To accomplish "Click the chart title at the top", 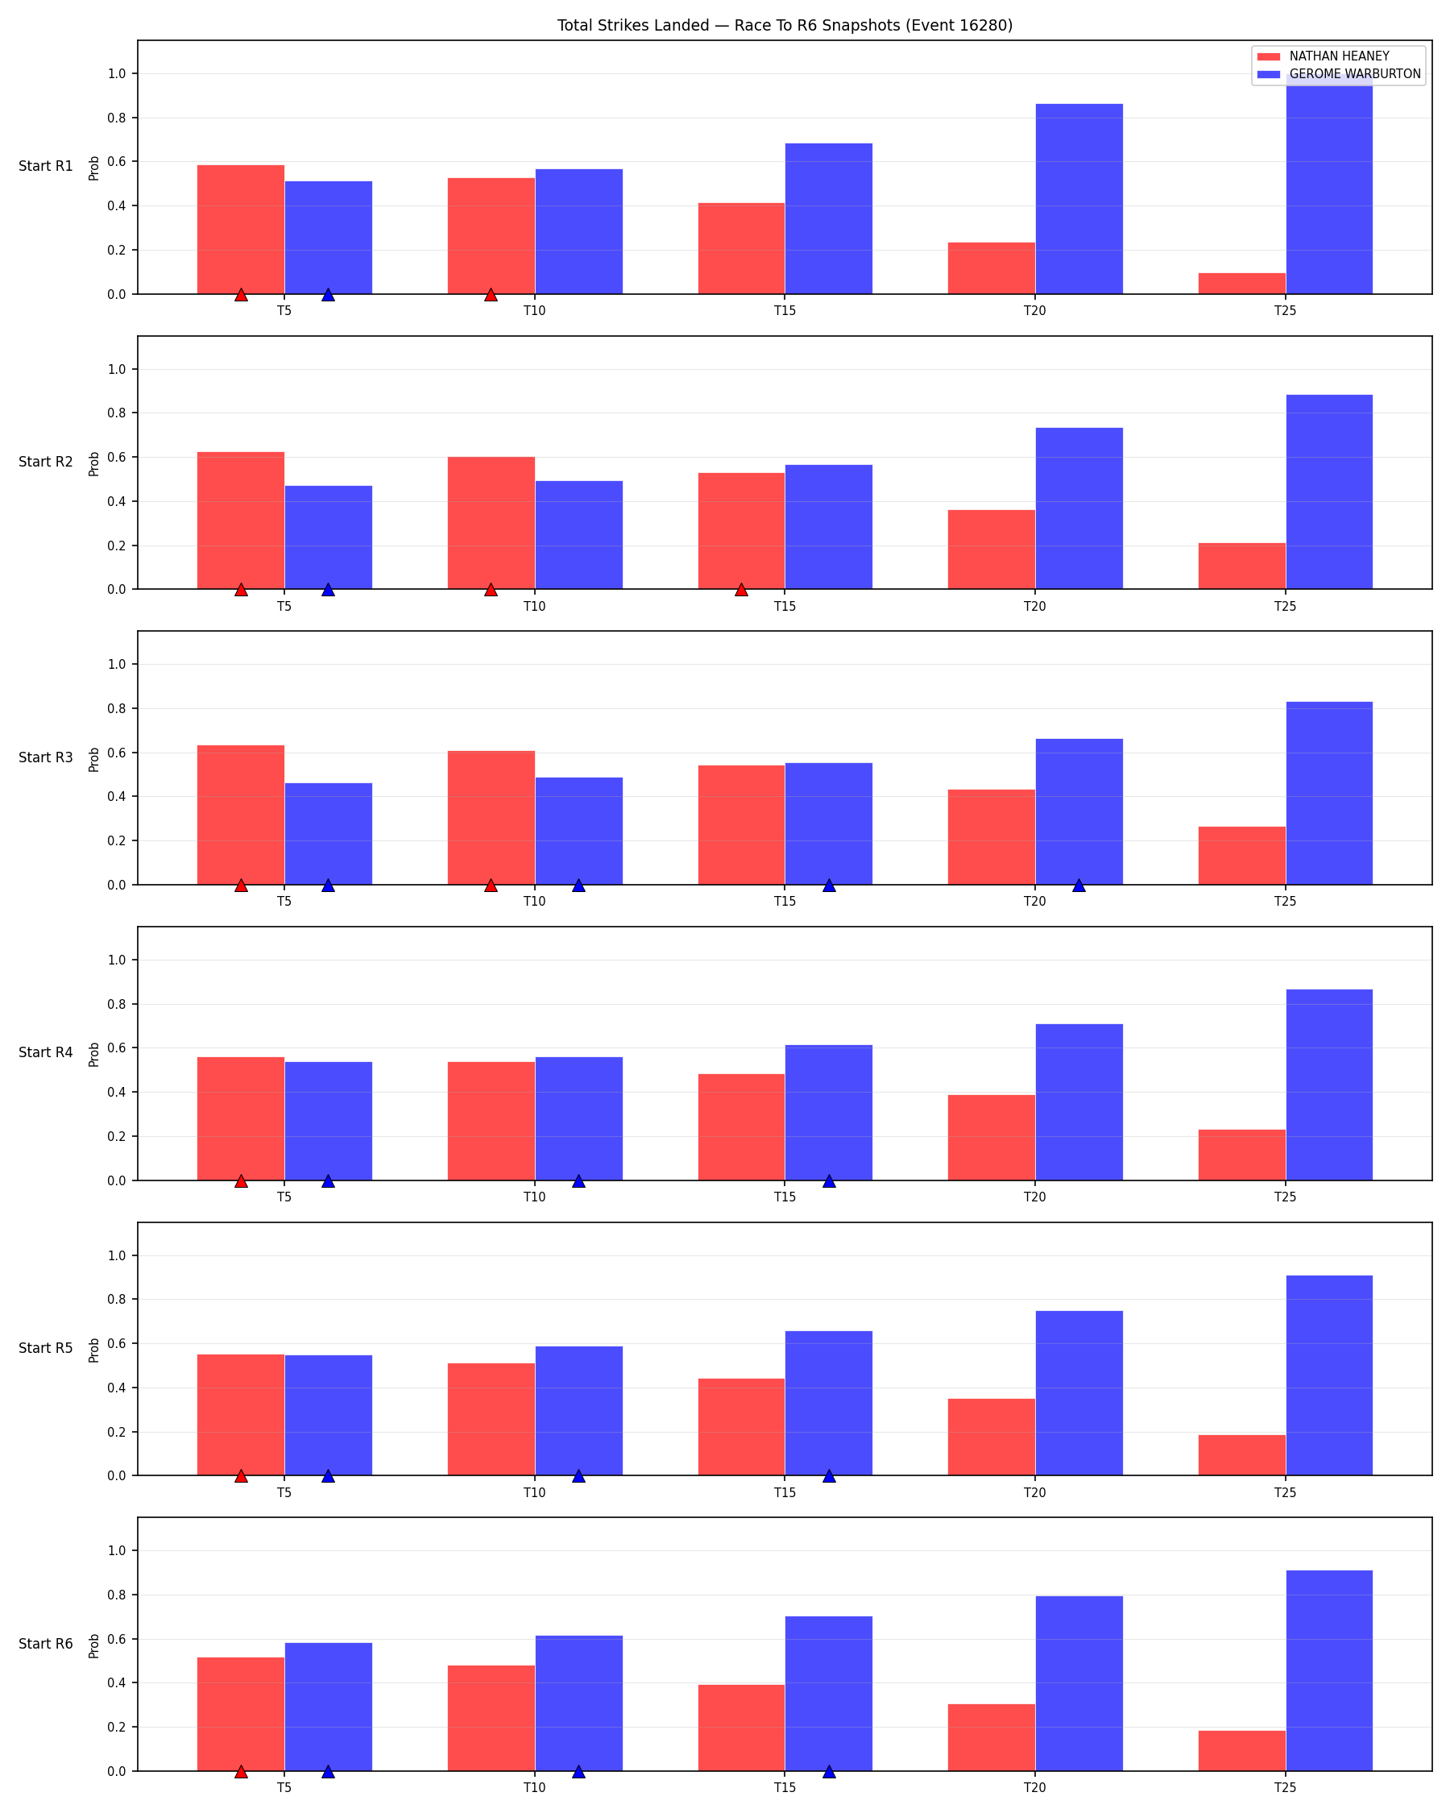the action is click(x=785, y=25).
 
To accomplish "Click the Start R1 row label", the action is click(x=45, y=167).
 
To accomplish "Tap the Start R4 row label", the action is click(x=45, y=1053).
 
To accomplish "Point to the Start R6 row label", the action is click(x=45, y=1644).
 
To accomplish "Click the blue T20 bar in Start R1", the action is click(x=1079, y=198).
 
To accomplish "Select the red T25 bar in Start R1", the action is click(x=1241, y=284).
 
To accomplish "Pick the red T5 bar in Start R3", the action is click(x=240, y=815).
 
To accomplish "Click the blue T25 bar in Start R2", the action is click(x=1329, y=492).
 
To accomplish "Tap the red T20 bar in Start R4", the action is click(x=991, y=1138).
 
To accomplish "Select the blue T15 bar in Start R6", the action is click(x=828, y=1694).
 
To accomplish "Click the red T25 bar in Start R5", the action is click(x=1241, y=1454).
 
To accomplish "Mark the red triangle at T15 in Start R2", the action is click(x=740, y=590).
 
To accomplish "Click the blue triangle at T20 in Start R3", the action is click(x=1079, y=885).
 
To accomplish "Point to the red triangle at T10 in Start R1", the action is click(x=491, y=294).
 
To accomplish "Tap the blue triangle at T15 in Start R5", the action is click(x=829, y=1476).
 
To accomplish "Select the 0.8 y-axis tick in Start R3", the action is click(x=117, y=709).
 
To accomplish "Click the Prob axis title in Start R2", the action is click(x=94, y=463).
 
